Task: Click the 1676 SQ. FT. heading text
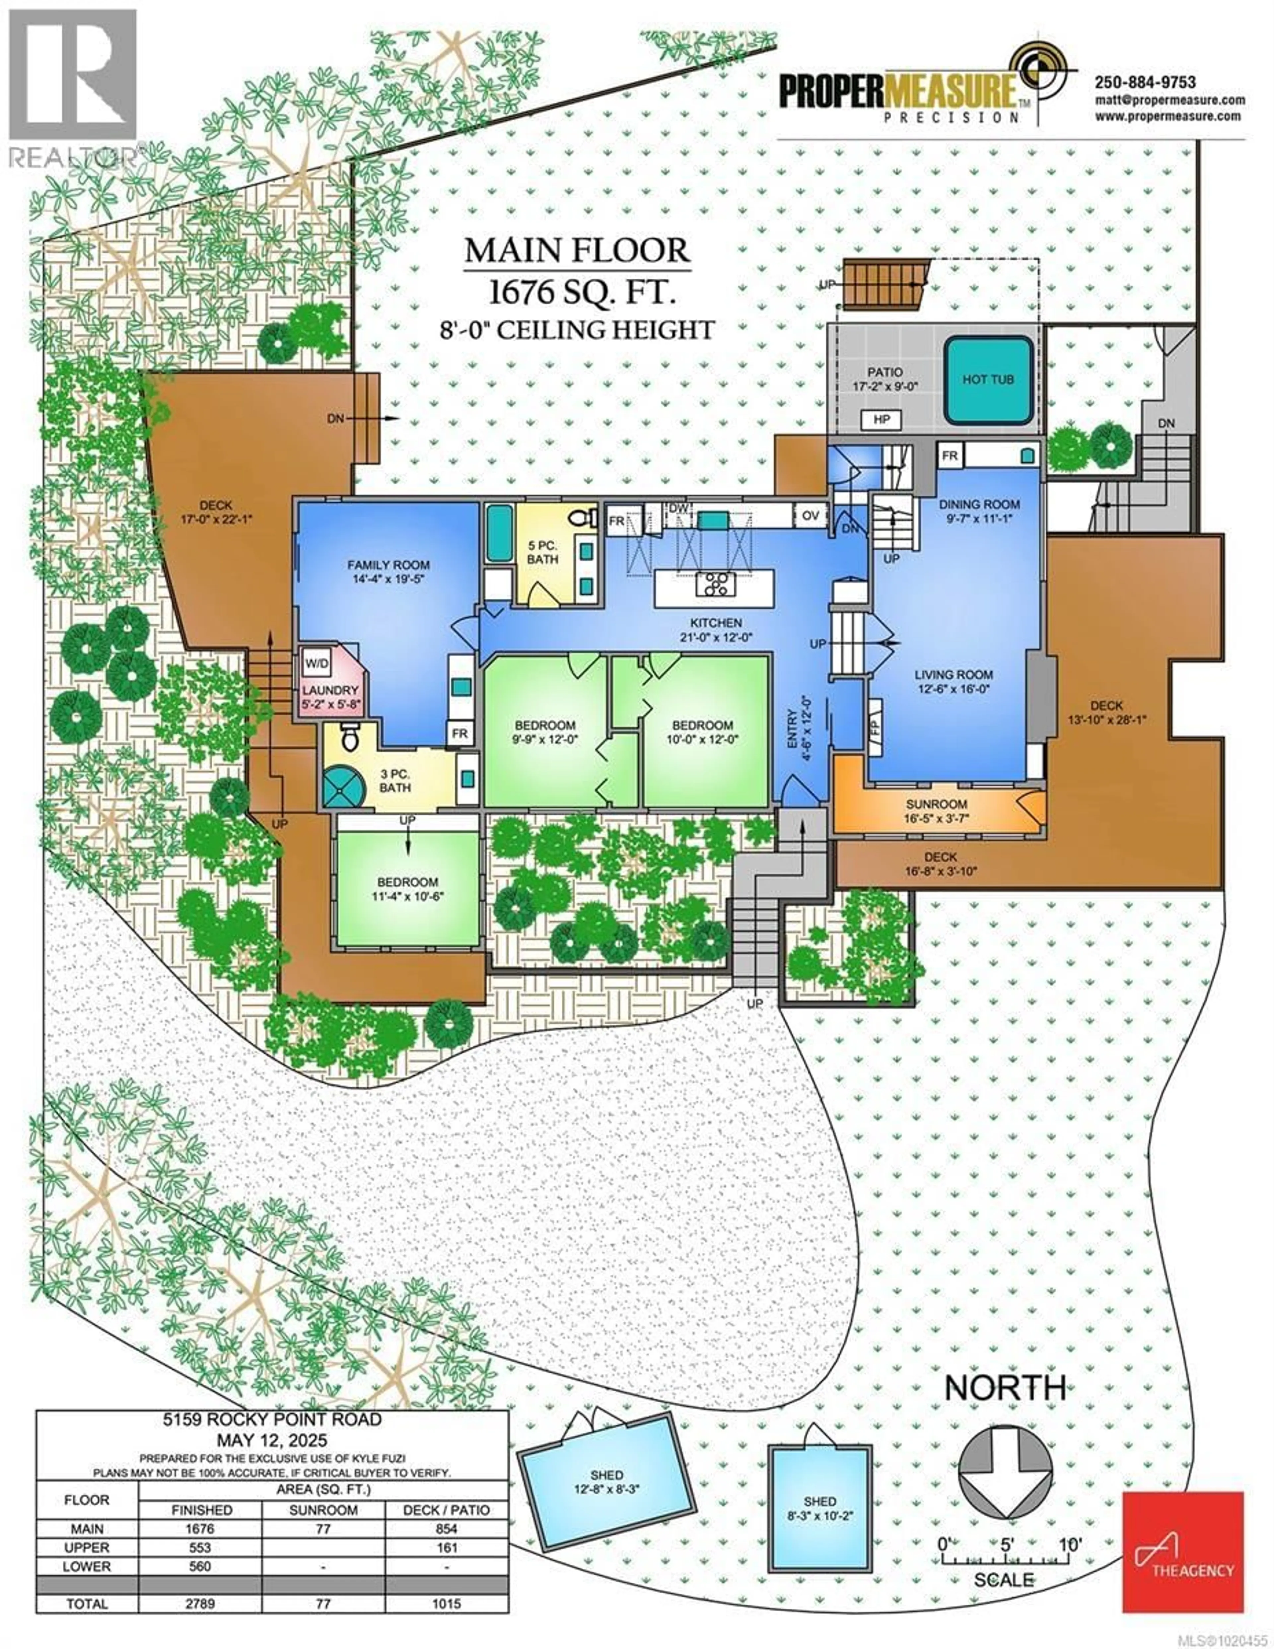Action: (580, 292)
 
